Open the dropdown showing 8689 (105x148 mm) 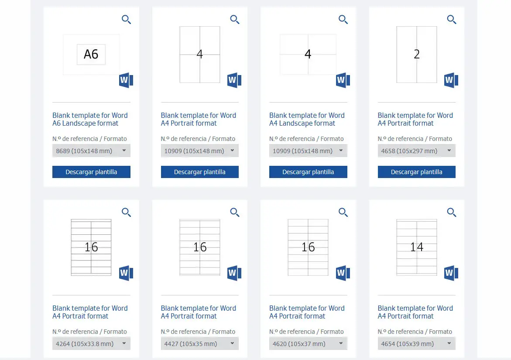(x=91, y=151)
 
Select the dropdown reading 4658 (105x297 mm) (x=416, y=151)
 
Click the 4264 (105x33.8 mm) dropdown (x=91, y=344)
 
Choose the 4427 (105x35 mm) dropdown (x=200, y=344)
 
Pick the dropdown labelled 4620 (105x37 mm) (x=308, y=344)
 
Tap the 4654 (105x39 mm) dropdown (x=416, y=344)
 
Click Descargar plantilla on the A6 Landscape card (x=91, y=171)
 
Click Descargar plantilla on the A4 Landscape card (x=308, y=171)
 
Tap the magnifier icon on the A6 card (x=126, y=20)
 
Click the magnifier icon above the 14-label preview (x=451, y=213)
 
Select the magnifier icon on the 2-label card (x=451, y=20)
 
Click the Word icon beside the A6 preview (x=126, y=80)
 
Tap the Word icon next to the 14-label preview (x=451, y=273)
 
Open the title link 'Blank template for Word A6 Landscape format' (x=90, y=119)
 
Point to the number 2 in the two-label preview (x=416, y=54)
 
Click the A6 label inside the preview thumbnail (x=91, y=54)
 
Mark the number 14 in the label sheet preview (x=416, y=247)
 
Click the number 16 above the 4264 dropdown (x=91, y=247)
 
